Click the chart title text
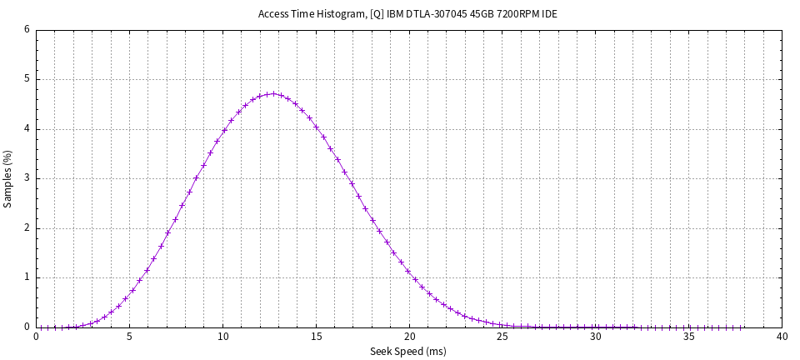tap(407, 14)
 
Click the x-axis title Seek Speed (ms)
tap(407, 352)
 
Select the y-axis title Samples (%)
tap(7, 178)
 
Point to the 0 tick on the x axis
tap(37, 337)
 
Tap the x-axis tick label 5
tap(129, 337)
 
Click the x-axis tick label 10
tap(222, 337)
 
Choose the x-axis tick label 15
tap(316, 337)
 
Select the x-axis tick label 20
tap(409, 337)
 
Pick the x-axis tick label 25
tap(502, 337)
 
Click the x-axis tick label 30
tap(595, 337)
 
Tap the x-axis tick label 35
tap(688, 337)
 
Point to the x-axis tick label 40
tap(782, 337)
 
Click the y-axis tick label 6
tap(27, 30)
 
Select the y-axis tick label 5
tap(27, 80)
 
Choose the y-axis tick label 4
tap(27, 129)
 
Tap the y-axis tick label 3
tap(27, 178)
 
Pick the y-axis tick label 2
tap(27, 228)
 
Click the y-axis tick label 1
tap(27, 277)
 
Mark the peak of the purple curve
tap(273, 93)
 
